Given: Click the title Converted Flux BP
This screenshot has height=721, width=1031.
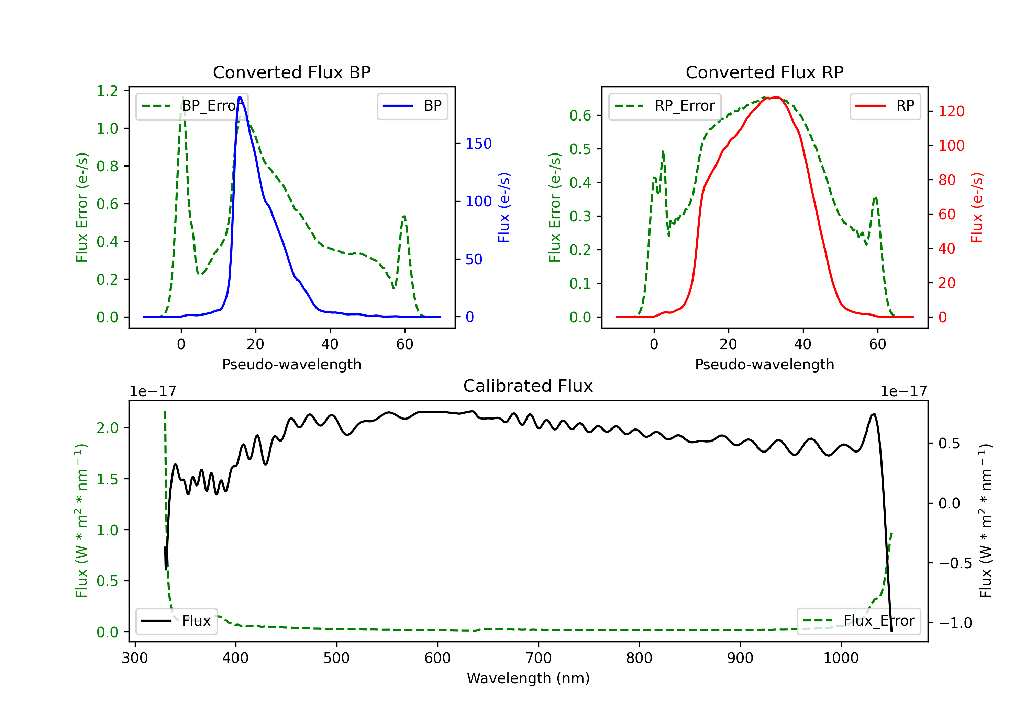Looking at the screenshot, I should pyautogui.click(x=291, y=72).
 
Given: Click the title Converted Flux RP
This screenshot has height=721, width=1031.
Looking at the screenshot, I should pyautogui.click(x=764, y=72).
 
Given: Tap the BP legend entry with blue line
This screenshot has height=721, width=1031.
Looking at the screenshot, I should pyautogui.click(x=412, y=106).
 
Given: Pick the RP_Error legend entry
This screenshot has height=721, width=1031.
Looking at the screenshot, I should pyautogui.click(x=665, y=106).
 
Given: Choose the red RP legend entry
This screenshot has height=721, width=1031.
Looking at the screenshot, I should pyautogui.click(x=885, y=106).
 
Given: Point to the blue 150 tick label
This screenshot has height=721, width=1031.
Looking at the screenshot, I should pyautogui.click(x=478, y=144).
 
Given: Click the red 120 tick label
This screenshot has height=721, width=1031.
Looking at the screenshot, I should pyautogui.click(x=951, y=111).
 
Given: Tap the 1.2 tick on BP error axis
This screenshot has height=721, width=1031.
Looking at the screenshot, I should pyautogui.click(x=107, y=91).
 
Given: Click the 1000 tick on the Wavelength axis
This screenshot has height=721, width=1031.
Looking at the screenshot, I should pyautogui.click(x=841, y=658).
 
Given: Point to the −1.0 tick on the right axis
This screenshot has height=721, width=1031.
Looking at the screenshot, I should pyautogui.click(x=955, y=623).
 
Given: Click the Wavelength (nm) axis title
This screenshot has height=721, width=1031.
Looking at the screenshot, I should pyautogui.click(x=528, y=678).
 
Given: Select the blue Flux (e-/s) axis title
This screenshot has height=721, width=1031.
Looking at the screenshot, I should pyautogui.click(x=504, y=207).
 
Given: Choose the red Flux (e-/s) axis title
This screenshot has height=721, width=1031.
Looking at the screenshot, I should pyautogui.click(x=977, y=207).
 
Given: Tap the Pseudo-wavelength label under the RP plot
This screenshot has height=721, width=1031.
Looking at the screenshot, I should pyautogui.click(x=764, y=364).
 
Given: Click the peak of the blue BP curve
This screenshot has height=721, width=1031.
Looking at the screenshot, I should pyautogui.click(x=240, y=98).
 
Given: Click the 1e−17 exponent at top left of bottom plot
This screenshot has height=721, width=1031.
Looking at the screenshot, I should pyautogui.click(x=153, y=392).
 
